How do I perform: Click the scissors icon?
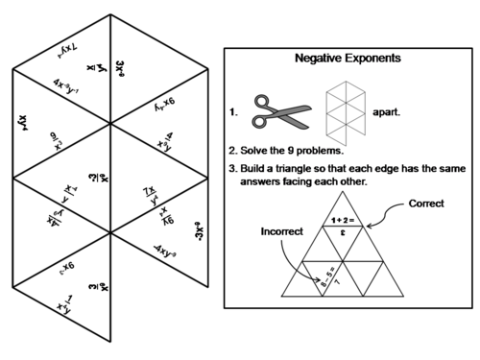pos(279,110)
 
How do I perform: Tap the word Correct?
pos(426,204)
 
